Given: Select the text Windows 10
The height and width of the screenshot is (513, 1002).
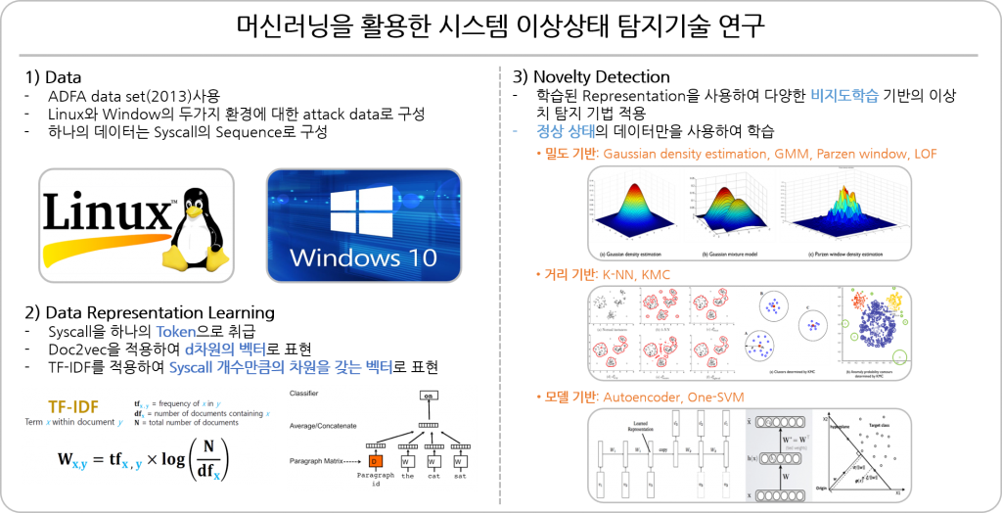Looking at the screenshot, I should click(x=363, y=260).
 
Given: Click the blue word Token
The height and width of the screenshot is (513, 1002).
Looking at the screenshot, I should click(x=176, y=333).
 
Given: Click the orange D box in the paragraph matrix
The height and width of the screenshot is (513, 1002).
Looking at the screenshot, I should click(x=375, y=460).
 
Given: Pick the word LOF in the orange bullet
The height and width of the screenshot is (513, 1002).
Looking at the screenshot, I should click(x=925, y=154).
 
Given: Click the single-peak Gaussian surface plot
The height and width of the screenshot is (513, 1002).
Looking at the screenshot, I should click(x=633, y=207).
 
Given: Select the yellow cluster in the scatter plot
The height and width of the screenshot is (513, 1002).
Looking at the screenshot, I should click(x=892, y=298).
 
